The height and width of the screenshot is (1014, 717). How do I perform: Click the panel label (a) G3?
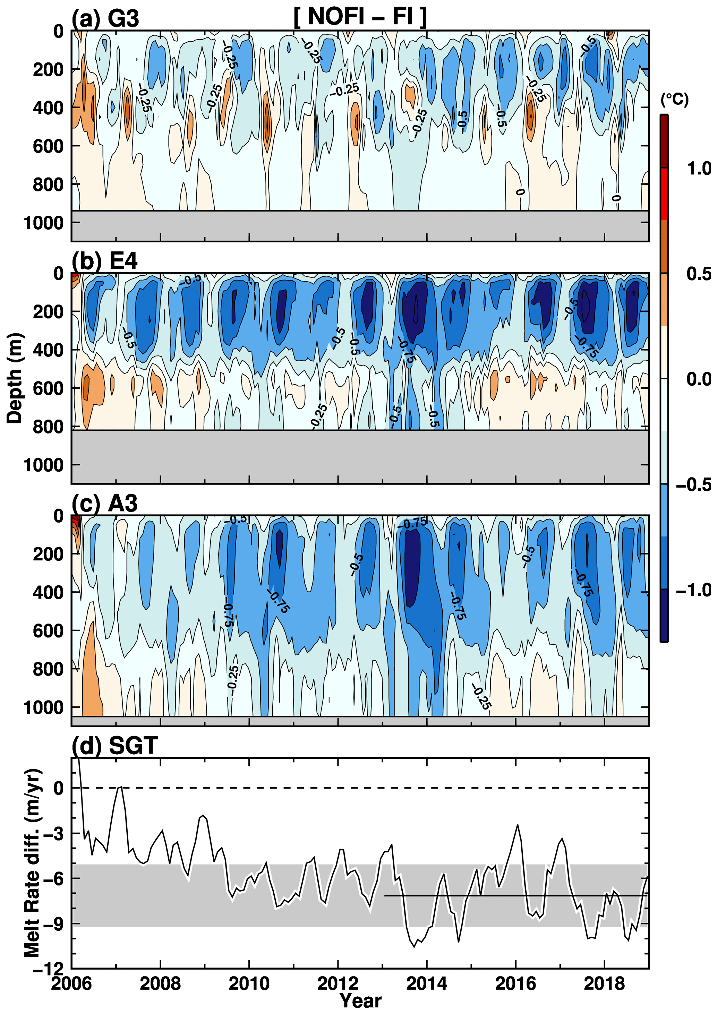pos(105,18)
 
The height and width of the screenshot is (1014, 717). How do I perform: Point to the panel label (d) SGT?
pos(114,746)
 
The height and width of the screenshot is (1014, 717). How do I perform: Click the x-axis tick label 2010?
pos(249,983)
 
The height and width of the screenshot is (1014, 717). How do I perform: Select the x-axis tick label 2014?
pos(426,983)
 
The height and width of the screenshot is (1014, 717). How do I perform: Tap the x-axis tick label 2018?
pos(604,983)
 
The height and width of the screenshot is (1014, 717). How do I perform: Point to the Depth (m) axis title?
pos(14,378)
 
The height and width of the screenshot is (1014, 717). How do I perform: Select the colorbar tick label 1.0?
pos(699,168)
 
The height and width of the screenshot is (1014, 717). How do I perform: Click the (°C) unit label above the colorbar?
pos(674,100)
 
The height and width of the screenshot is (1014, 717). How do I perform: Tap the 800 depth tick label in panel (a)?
pos(48,184)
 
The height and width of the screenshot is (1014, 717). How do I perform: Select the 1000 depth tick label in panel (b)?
pos(43,465)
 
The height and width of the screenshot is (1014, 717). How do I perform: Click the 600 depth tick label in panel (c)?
pos(48,630)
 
